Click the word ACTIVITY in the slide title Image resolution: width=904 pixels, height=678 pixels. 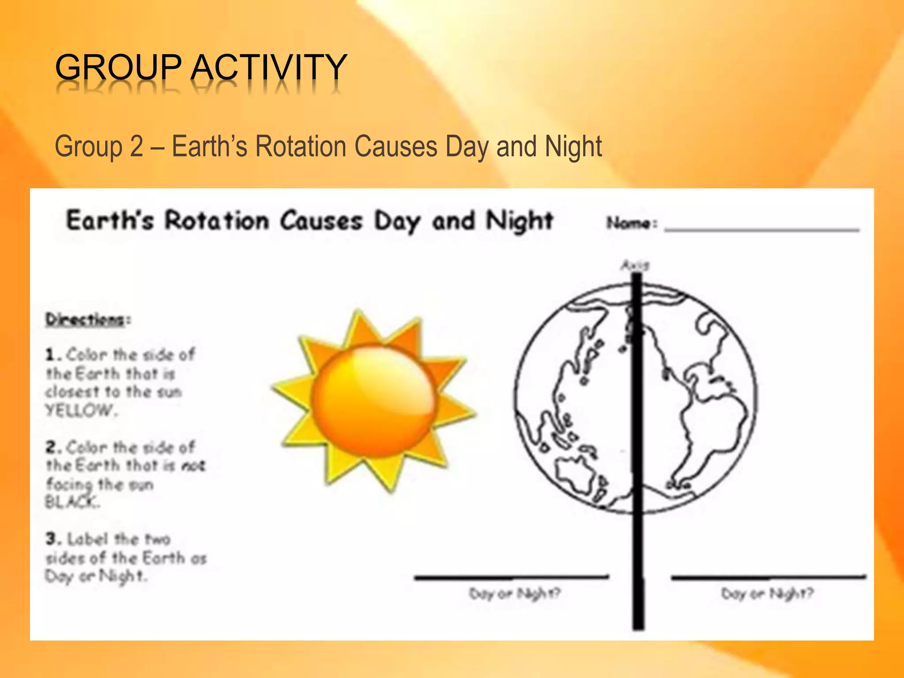tap(269, 67)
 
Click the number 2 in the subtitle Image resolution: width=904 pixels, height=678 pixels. tap(136, 147)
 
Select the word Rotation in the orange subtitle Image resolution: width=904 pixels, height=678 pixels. tap(301, 147)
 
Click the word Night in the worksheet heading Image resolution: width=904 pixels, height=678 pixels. tap(519, 221)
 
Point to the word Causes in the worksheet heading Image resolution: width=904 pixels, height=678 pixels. tap(321, 221)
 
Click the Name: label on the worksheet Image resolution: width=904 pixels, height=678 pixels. tap(631, 223)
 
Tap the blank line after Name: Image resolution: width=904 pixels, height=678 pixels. tap(761, 229)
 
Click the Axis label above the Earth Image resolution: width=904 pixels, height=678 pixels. tap(635, 265)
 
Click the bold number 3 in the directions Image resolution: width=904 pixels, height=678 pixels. tap(52, 539)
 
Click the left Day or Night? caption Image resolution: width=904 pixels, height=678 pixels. tap(514, 594)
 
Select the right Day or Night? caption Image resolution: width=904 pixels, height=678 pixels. tap(767, 594)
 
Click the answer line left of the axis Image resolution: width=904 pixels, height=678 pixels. tap(511, 576)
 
